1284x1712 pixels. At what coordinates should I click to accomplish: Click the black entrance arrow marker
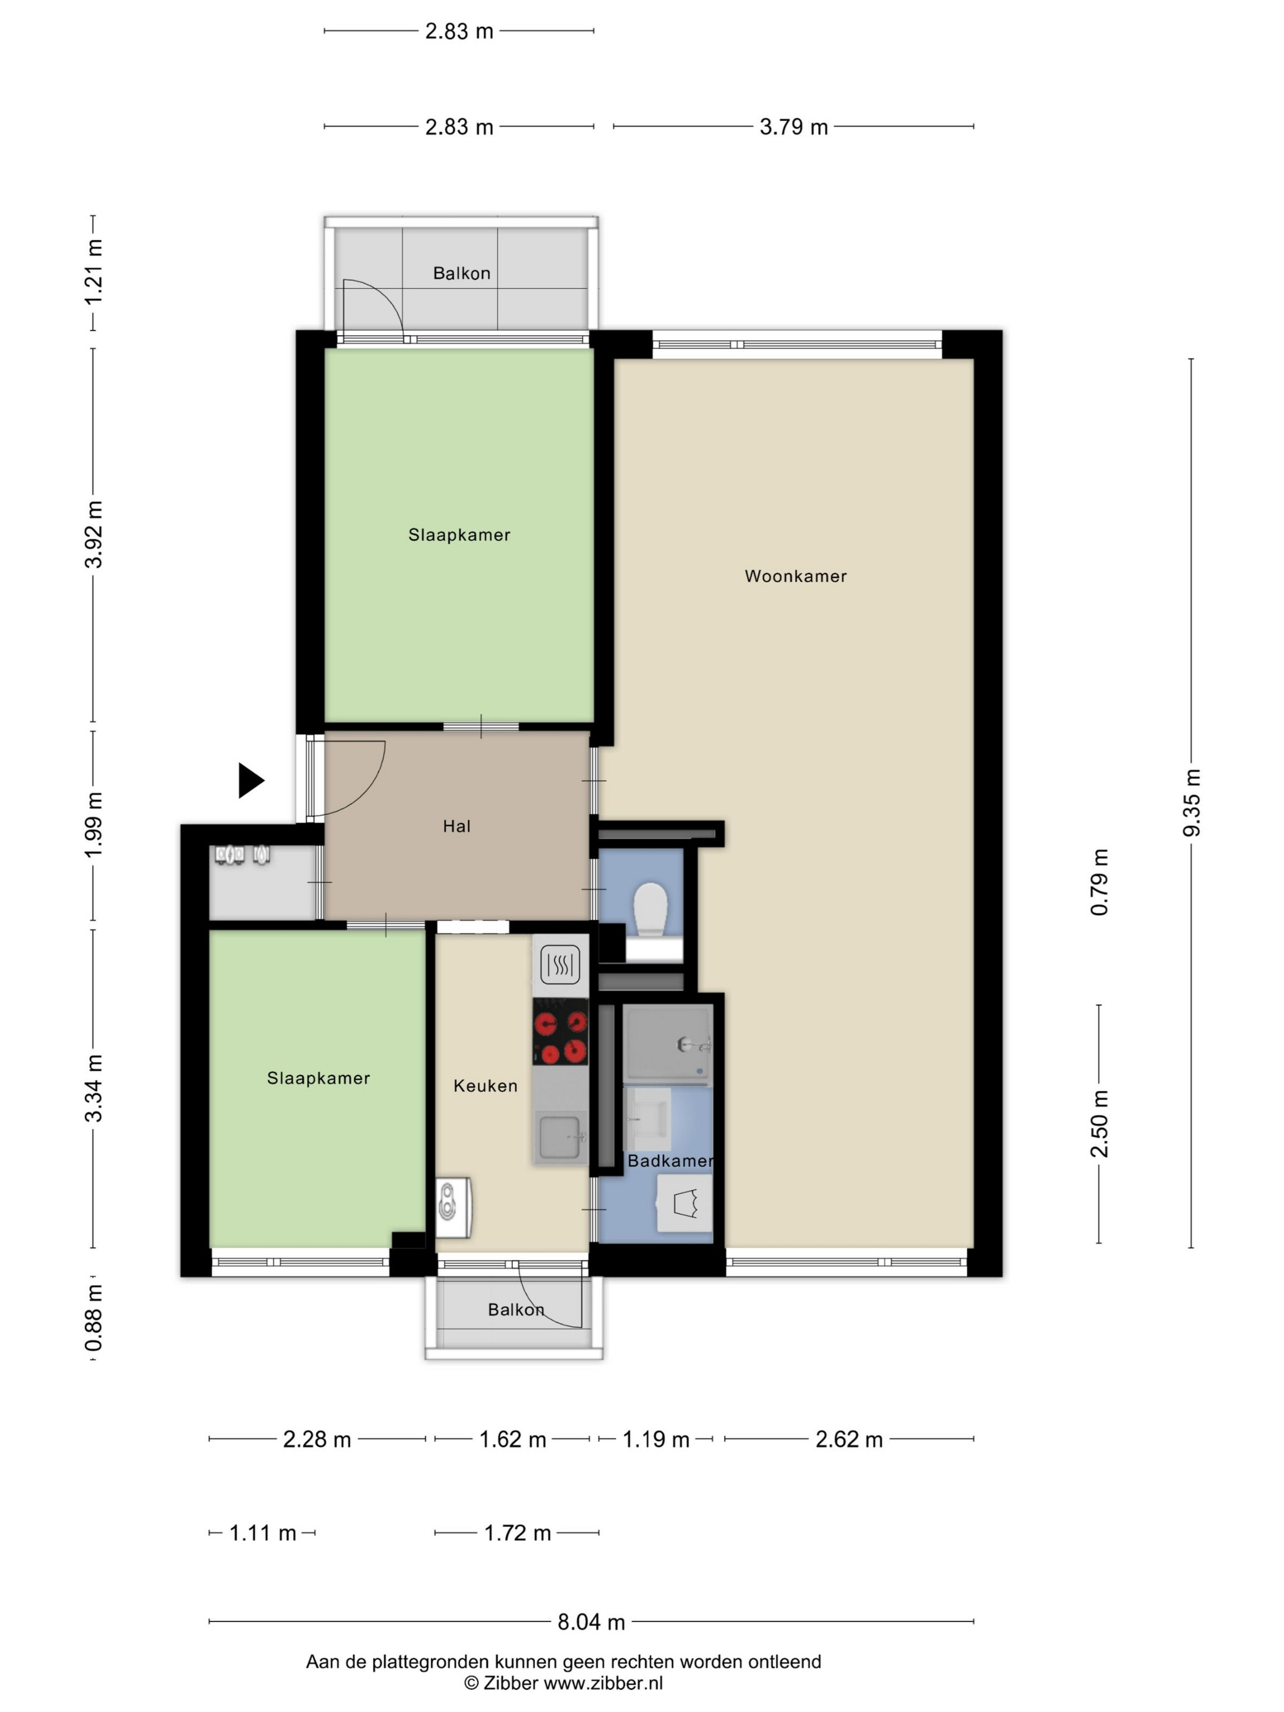250,780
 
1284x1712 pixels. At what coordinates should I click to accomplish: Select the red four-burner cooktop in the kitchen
560,1031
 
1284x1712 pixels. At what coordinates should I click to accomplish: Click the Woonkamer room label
795,576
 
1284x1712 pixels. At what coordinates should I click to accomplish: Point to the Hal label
457,826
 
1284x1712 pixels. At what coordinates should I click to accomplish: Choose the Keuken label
485,1085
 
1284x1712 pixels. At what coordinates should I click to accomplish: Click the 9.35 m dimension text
1192,803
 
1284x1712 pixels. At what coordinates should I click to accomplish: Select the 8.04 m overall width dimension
591,1622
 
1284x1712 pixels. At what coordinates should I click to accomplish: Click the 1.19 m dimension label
655,1439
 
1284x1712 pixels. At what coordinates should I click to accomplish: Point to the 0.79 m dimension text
1099,882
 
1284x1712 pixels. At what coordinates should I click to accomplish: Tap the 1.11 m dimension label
263,1533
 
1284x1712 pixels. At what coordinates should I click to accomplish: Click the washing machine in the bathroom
684,1203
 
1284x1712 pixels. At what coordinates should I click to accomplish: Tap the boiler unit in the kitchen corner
453,1208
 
